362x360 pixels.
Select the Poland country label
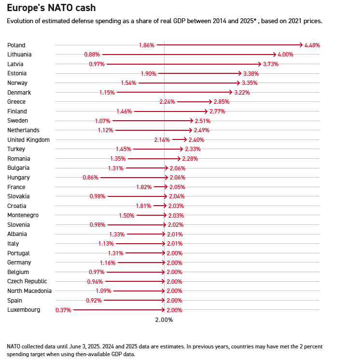pyautogui.click(x=16, y=45)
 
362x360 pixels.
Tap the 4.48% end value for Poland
pyautogui.click(x=312, y=45)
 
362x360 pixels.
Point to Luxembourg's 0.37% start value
pyautogui.click(x=63, y=310)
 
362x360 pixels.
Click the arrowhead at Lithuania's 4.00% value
pyautogui.click(x=276, y=55)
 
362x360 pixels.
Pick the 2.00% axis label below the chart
pyautogui.click(x=164, y=319)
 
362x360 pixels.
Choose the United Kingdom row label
pyautogui.click(x=28, y=139)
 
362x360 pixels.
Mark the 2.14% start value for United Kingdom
pyautogui.click(x=162, y=139)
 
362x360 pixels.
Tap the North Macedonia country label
pyautogui.click(x=29, y=291)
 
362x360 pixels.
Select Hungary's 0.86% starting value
pyautogui.click(x=91, y=178)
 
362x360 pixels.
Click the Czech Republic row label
pyautogui.click(x=28, y=281)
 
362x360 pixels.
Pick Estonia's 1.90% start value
pyautogui.click(x=148, y=73)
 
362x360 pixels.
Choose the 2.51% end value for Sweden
pyautogui.click(x=203, y=121)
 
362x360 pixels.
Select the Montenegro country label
pyautogui.click(x=23, y=215)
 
